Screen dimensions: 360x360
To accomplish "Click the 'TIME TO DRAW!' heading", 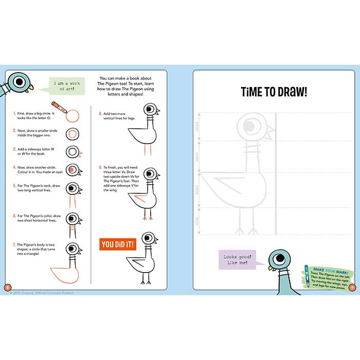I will [274, 92].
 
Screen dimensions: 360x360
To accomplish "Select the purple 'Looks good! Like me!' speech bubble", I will [236, 260].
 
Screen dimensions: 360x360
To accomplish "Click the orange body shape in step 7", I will [64, 274].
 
